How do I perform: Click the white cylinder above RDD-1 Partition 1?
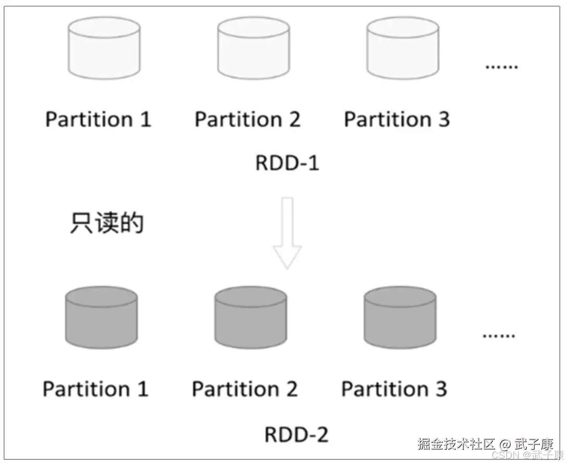tap(104, 48)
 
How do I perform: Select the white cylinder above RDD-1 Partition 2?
tap(253, 48)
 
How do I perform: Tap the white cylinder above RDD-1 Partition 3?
tap(402, 48)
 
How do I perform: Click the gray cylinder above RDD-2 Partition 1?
tap(101, 317)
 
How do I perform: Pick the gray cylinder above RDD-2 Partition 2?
tap(251, 317)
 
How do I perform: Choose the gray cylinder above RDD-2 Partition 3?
tap(400, 317)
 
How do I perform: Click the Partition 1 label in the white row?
tap(98, 119)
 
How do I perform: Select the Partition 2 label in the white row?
tap(248, 119)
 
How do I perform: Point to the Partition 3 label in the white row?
tap(397, 119)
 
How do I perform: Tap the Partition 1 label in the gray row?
tap(95, 389)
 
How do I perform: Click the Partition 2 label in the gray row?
tap(245, 389)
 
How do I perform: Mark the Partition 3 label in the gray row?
tap(394, 389)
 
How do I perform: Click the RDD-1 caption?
tap(287, 163)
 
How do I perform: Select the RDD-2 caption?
tap(297, 434)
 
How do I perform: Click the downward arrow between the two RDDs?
tap(287, 233)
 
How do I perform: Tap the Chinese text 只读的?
tap(107, 223)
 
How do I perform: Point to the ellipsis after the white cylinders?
tap(501, 67)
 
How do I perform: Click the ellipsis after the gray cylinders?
tap(499, 335)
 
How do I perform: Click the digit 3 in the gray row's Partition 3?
tap(441, 389)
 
